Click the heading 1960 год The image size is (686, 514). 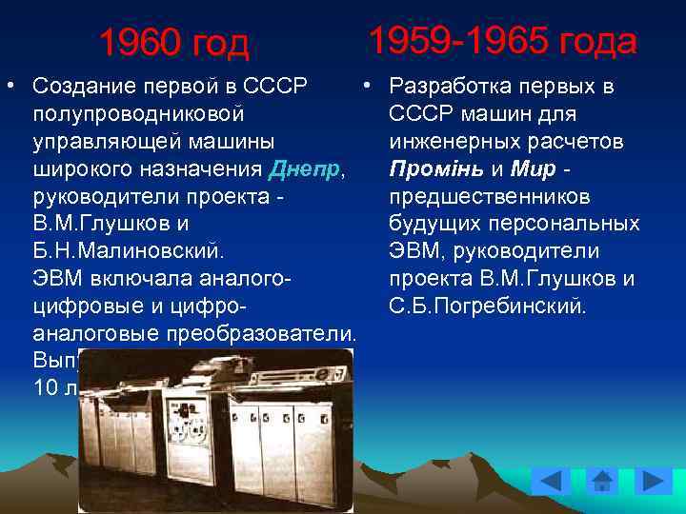[x=173, y=43]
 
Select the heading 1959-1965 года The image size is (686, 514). [x=502, y=41]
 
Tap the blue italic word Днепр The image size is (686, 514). [x=304, y=170]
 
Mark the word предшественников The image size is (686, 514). [x=490, y=198]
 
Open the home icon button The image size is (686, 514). [x=602, y=481]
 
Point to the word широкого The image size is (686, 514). [x=78, y=170]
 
